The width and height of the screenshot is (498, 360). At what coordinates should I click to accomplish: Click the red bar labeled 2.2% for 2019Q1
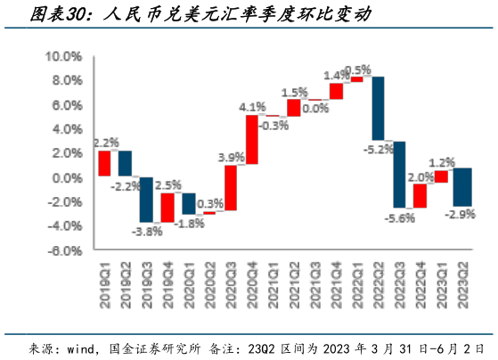click(104, 163)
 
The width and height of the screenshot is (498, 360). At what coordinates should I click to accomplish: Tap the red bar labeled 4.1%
click(251, 140)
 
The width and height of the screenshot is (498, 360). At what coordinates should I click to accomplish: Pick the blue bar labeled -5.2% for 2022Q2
click(379, 108)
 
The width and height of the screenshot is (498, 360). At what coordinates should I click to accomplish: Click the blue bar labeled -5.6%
click(399, 175)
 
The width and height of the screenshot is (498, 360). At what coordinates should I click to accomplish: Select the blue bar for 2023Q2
click(462, 187)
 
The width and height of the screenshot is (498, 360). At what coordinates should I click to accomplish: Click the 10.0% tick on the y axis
click(63, 55)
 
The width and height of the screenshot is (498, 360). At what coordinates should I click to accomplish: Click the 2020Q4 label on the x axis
click(252, 285)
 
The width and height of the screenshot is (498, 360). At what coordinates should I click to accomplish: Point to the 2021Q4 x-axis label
click(337, 285)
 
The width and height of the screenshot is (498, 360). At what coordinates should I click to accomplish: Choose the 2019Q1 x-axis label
click(104, 285)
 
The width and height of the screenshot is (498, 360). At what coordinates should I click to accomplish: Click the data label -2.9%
click(461, 214)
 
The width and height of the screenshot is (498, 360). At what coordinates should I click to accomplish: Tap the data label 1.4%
click(336, 75)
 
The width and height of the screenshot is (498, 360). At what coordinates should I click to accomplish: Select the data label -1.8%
click(188, 223)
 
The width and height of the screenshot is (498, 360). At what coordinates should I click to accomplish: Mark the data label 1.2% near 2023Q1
click(442, 162)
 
